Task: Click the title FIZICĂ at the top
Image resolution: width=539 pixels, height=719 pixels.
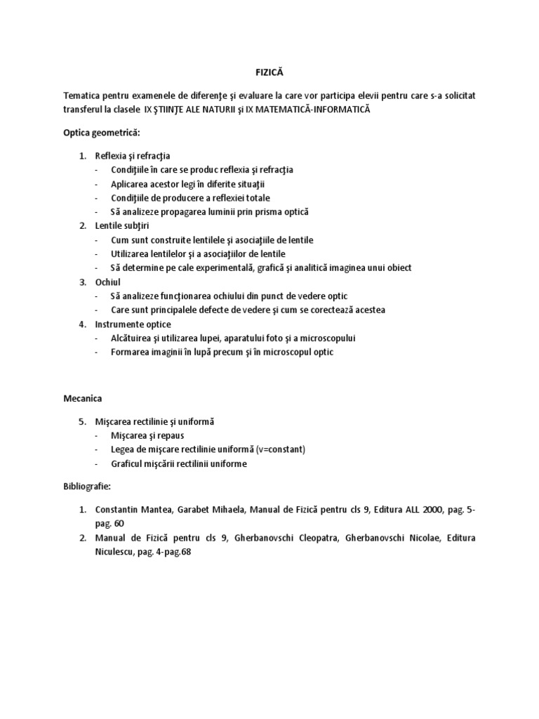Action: [x=269, y=72]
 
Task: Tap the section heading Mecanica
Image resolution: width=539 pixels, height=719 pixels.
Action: [x=83, y=398]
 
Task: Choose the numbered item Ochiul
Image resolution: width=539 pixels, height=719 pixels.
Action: [x=109, y=282]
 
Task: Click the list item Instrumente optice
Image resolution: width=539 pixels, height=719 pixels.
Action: [x=133, y=324]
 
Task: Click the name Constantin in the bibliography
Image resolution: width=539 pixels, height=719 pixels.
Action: [x=120, y=510]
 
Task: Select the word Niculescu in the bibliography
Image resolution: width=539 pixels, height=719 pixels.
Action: [x=119, y=552]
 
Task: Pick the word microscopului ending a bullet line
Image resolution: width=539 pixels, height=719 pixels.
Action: [x=325, y=338]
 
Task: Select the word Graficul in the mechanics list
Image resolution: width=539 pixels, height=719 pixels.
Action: [x=127, y=463]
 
